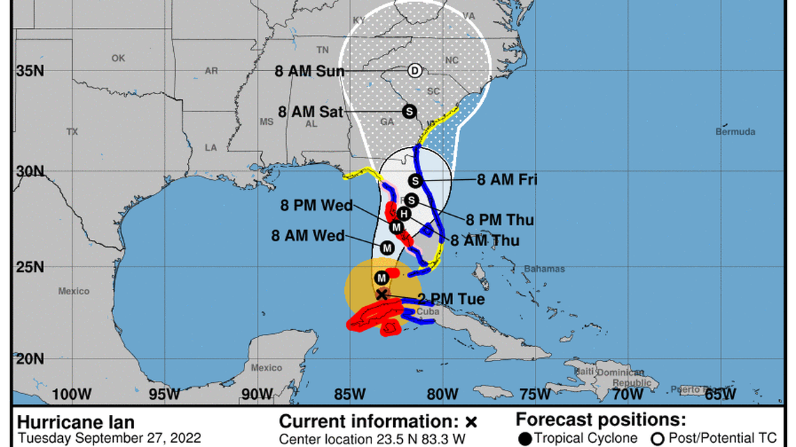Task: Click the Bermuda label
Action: (x=735, y=132)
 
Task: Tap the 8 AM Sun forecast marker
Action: (x=414, y=70)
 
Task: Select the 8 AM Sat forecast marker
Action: (x=408, y=111)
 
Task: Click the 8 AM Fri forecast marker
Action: (x=415, y=181)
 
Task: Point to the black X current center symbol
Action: (x=382, y=294)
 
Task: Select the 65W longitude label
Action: (x=720, y=394)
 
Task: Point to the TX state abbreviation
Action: (x=72, y=132)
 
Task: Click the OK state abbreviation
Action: (x=118, y=59)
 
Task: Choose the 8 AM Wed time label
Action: (x=308, y=236)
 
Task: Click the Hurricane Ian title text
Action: (x=66, y=422)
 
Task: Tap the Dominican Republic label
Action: (x=625, y=379)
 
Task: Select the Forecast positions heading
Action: (x=600, y=420)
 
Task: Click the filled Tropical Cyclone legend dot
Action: (x=525, y=438)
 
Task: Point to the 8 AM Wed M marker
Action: (x=387, y=248)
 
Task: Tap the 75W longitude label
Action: (x=536, y=394)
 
